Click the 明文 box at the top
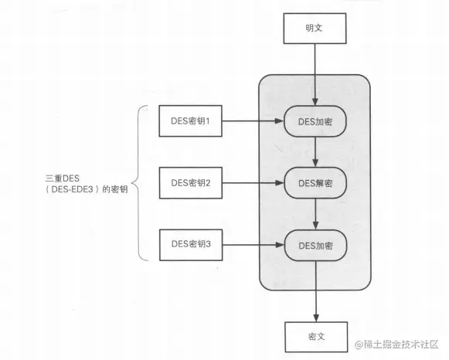click(315, 29)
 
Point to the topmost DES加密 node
click(315, 121)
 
